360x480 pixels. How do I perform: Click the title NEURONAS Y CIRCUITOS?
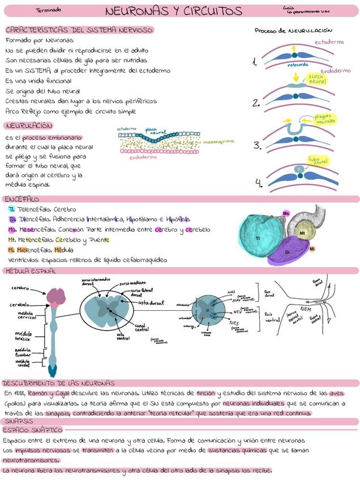(x=173, y=11)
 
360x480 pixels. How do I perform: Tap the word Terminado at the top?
(x=48, y=10)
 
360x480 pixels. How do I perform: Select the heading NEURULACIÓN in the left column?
(x=29, y=126)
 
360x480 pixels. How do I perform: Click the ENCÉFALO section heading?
(x=22, y=199)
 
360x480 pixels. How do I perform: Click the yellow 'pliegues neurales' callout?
(x=325, y=119)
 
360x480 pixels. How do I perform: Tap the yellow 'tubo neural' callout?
(x=318, y=160)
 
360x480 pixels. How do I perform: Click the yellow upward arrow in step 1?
(x=294, y=50)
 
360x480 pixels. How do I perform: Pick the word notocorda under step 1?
(x=298, y=65)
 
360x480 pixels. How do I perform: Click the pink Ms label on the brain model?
(x=286, y=213)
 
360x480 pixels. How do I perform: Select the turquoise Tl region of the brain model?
(x=258, y=238)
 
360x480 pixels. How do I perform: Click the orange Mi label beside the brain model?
(x=312, y=248)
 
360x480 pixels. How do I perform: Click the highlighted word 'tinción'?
(x=205, y=392)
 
